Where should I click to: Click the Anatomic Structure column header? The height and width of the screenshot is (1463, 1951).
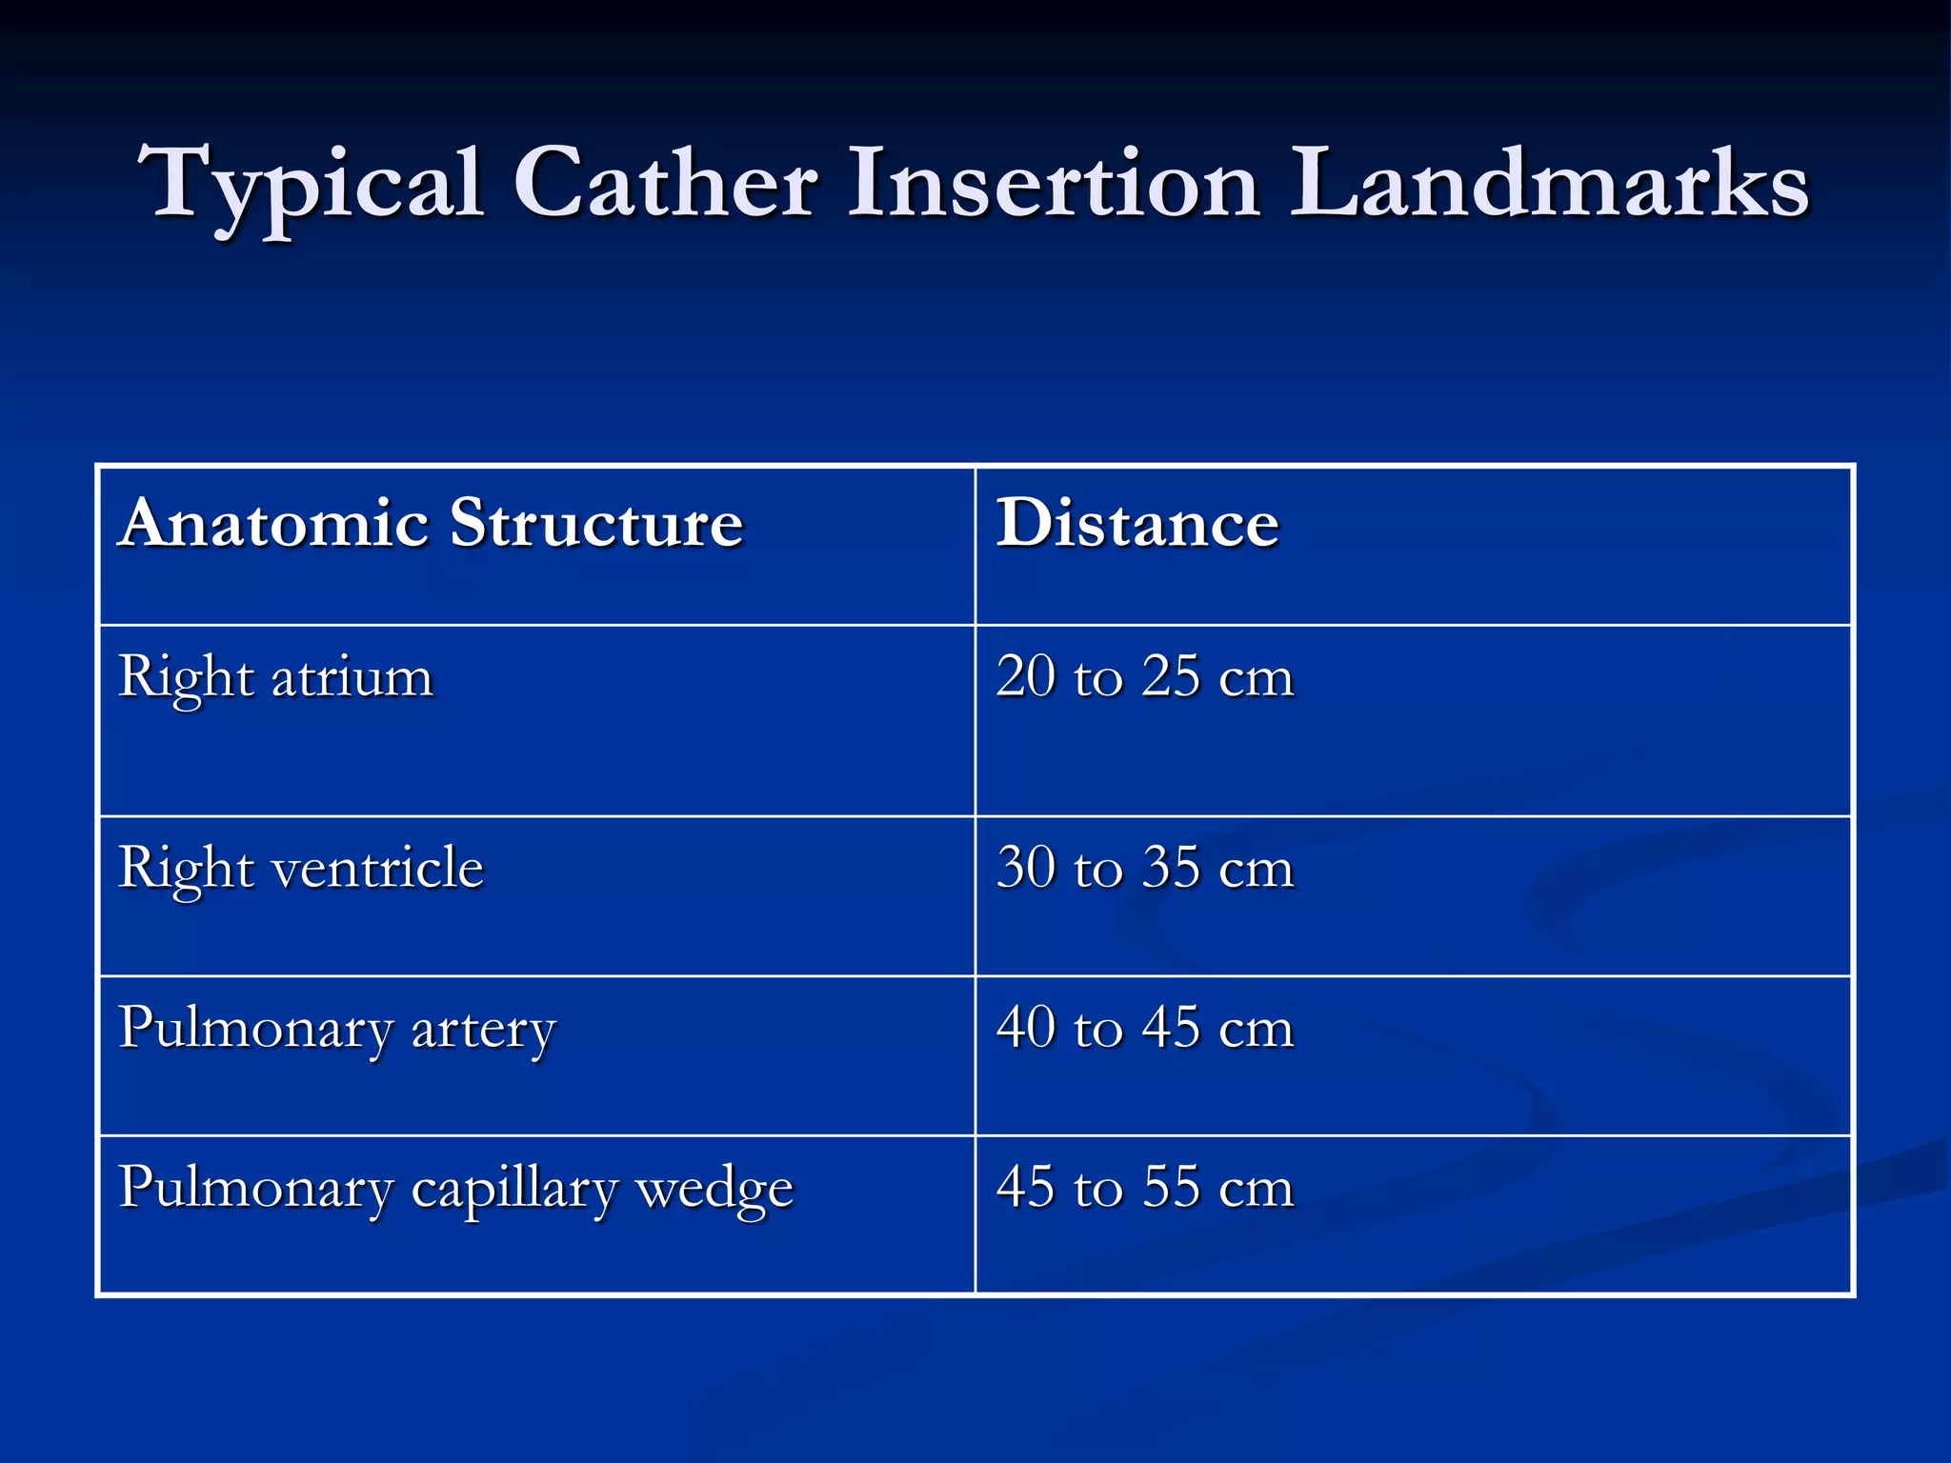(x=431, y=523)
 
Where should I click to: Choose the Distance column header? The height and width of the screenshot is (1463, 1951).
(x=1137, y=523)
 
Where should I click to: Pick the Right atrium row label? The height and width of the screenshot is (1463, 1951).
(x=275, y=678)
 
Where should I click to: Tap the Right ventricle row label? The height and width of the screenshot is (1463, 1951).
(x=301, y=869)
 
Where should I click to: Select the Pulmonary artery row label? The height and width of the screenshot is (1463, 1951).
(x=337, y=1030)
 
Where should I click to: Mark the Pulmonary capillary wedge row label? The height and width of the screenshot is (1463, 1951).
(x=455, y=1190)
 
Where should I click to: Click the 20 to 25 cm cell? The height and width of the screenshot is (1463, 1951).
(x=1145, y=677)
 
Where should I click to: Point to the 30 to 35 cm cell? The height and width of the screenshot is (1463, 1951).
(x=1145, y=868)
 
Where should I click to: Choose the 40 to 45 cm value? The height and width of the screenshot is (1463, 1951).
(x=1145, y=1028)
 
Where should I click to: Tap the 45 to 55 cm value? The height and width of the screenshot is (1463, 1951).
(x=1145, y=1188)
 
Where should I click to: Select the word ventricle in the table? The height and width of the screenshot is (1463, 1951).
(x=377, y=869)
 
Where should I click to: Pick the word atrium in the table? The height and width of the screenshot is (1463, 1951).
(x=352, y=678)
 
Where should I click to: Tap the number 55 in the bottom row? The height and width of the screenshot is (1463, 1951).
(x=1171, y=1188)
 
